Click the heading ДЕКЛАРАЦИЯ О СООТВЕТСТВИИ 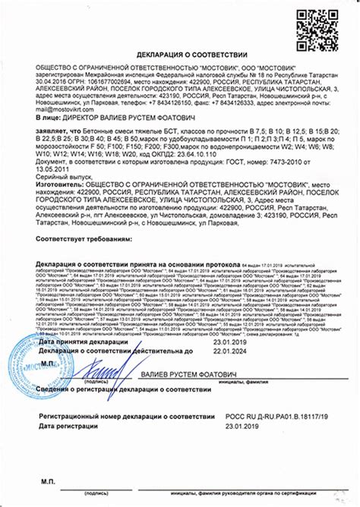179,56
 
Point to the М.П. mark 46,364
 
